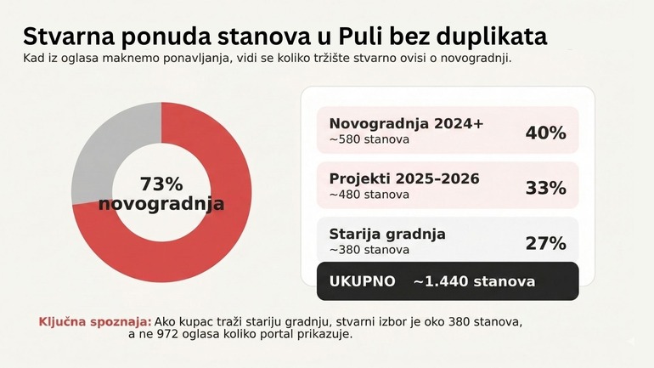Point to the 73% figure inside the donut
(x=161, y=184)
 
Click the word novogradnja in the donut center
(x=161, y=204)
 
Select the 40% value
(x=545, y=133)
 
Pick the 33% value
(x=545, y=188)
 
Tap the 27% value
(x=545, y=243)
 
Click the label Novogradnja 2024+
(x=406, y=123)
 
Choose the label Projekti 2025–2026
(x=404, y=178)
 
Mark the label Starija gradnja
(x=387, y=234)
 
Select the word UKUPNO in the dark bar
(x=362, y=281)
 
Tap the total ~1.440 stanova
(x=474, y=281)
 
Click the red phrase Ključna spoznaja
(x=95, y=321)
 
